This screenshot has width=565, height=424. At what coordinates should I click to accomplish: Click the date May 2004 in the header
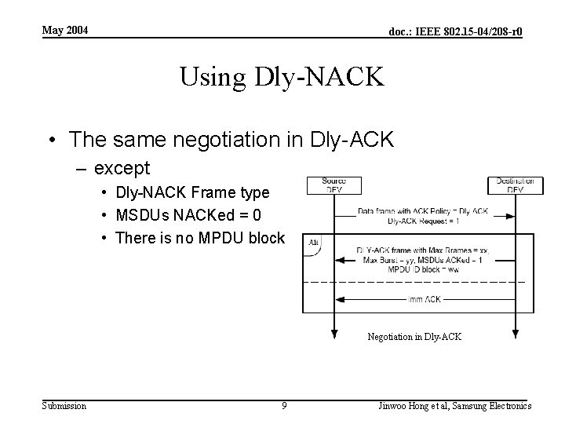point(65,31)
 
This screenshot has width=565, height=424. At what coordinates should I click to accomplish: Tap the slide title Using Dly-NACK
point(282,77)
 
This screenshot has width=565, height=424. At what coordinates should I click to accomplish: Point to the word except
point(122,168)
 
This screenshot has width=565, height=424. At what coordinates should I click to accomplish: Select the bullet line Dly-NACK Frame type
point(191,192)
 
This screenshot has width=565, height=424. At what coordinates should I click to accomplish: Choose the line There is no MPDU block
point(199,238)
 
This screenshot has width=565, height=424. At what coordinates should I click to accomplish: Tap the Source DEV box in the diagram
point(334,185)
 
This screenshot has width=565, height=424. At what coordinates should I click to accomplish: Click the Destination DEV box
point(515,185)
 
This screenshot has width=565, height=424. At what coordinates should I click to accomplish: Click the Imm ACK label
point(424,299)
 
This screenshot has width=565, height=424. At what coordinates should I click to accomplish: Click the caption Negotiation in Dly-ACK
point(414,337)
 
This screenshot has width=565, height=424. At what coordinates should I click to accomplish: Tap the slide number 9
point(284,406)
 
